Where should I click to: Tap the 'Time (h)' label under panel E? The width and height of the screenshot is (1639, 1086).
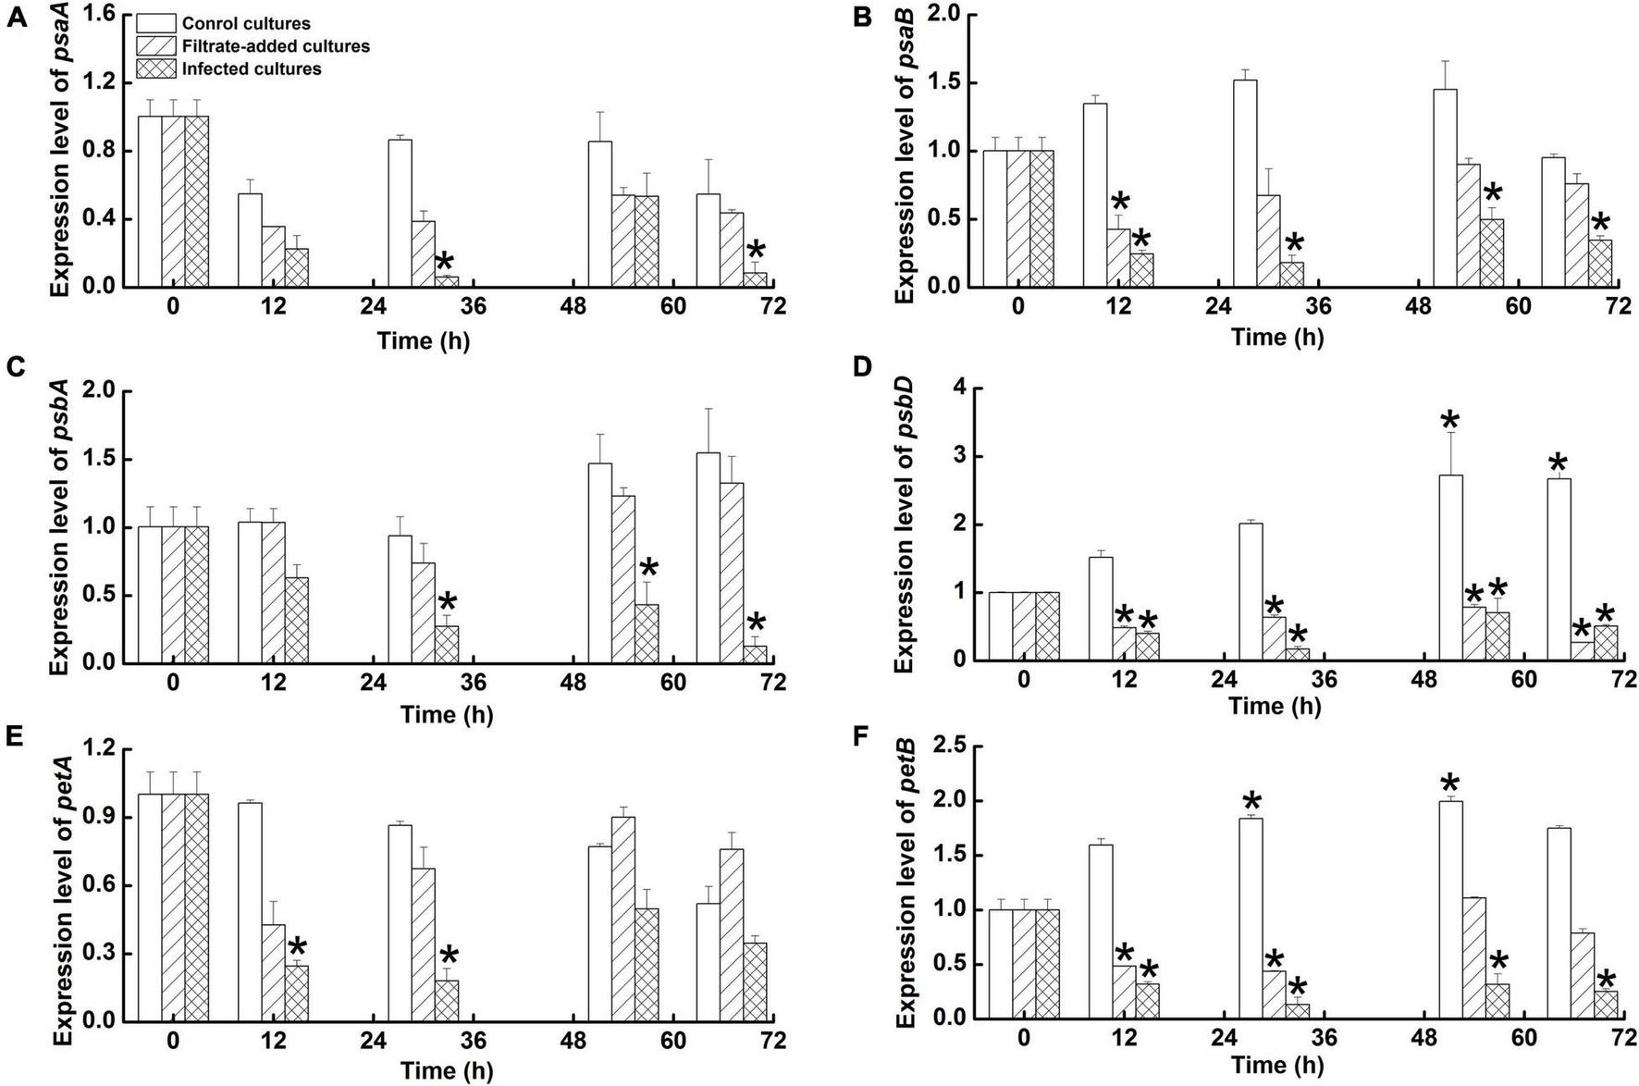[x=447, y=1071]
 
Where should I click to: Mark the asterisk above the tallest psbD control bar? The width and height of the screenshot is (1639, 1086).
[x=1450, y=422]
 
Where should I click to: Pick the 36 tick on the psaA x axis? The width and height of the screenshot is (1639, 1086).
[x=473, y=305]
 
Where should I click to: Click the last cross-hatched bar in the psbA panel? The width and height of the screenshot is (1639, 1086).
[x=755, y=654]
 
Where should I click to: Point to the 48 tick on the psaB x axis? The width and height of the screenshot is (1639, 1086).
[x=1418, y=305]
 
